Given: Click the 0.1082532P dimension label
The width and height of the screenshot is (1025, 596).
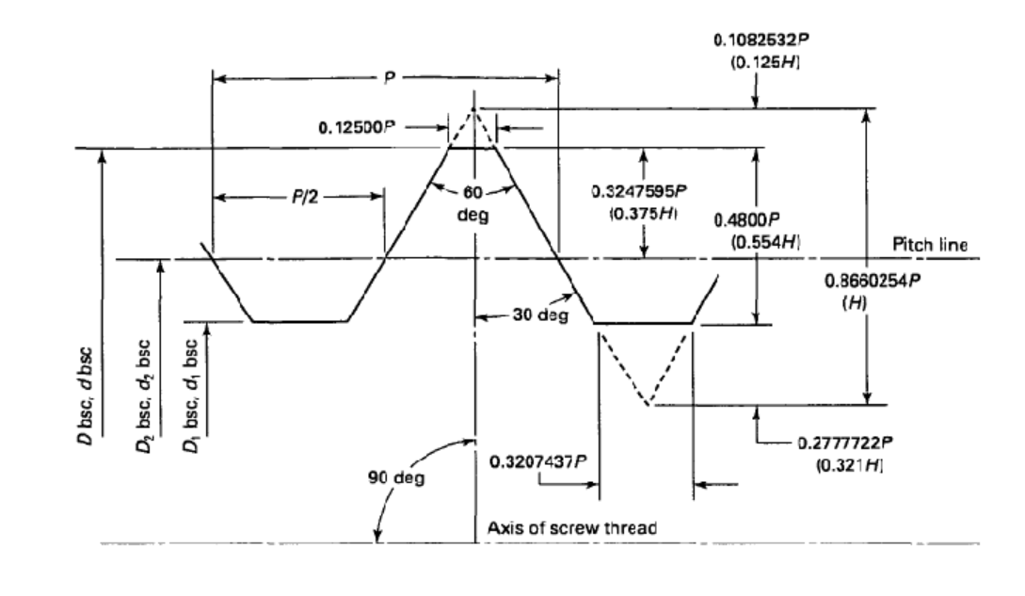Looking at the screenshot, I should (x=754, y=41).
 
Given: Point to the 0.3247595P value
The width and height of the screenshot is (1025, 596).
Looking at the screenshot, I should (x=635, y=191).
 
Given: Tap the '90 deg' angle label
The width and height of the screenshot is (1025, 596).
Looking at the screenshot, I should (x=402, y=477).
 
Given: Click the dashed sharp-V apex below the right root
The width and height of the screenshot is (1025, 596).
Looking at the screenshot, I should (x=647, y=406).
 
